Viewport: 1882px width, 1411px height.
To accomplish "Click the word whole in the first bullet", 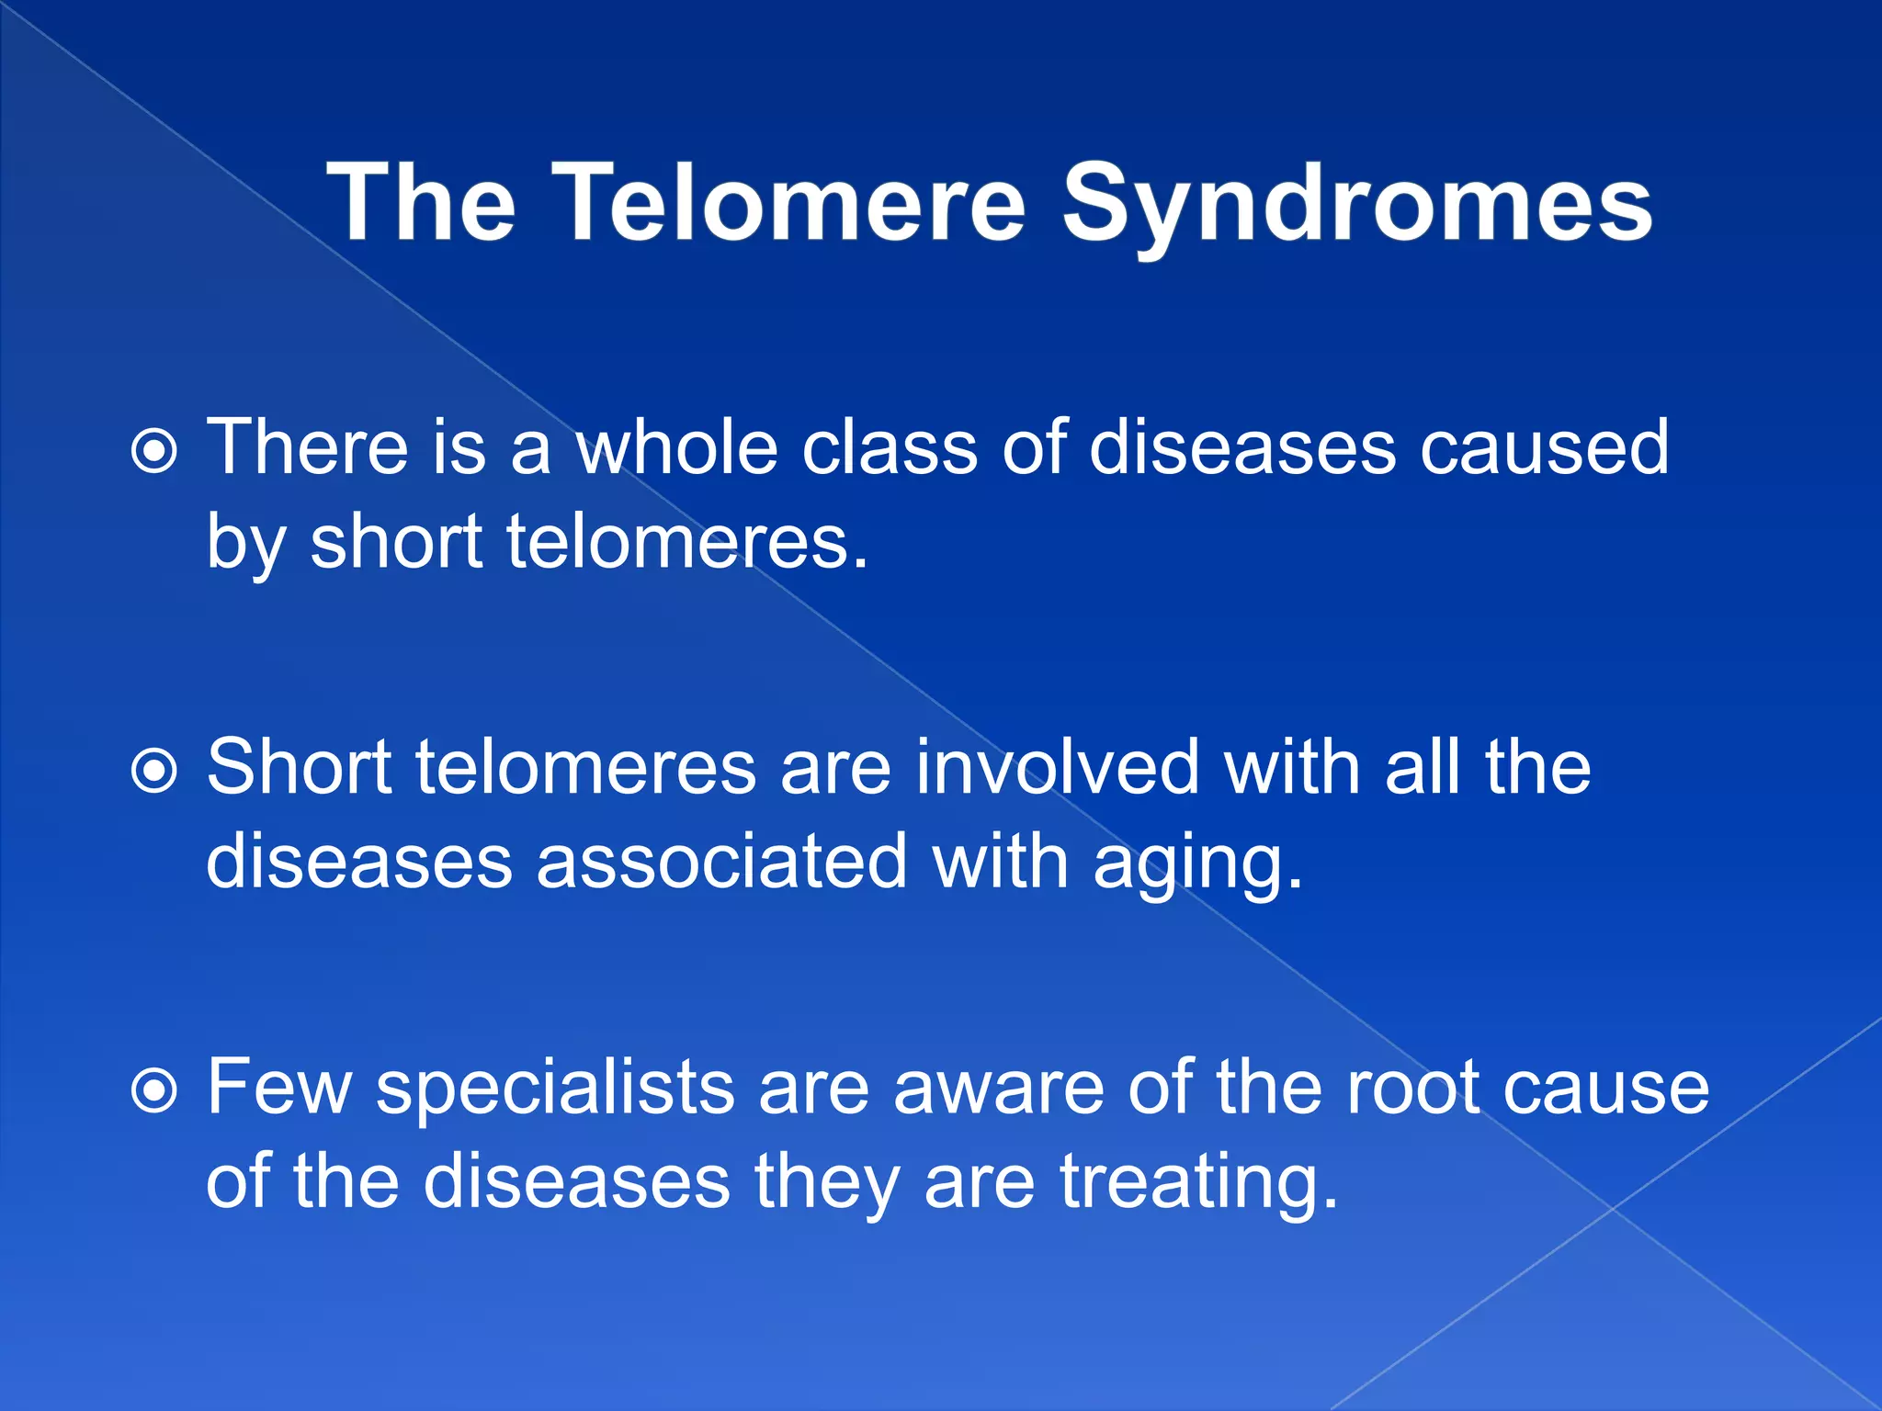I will click(x=676, y=447).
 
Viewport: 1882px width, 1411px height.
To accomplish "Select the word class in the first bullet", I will click(x=889, y=447).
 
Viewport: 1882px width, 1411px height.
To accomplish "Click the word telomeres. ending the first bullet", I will click(x=686, y=542).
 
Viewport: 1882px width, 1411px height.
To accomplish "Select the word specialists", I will click(x=555, y=1089).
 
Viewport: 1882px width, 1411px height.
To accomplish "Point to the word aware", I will click(x=998, y=1089).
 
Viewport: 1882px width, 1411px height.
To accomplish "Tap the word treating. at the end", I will click(x=1199, y=1183).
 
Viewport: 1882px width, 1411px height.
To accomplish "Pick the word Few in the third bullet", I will click(x=279, y=1088).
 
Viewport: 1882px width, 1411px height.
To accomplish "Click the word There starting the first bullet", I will click(x=307, y=447).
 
